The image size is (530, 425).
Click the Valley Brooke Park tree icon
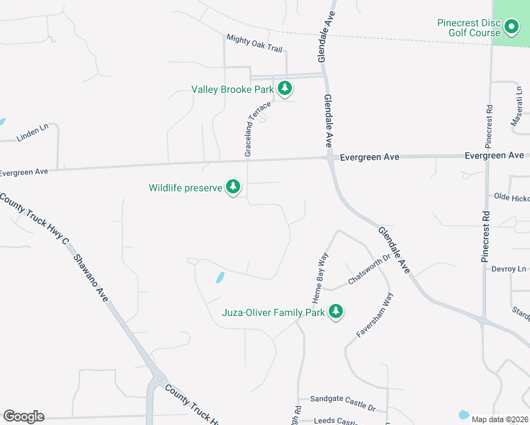pos(285,89)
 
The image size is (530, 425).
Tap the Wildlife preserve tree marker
pos(233,188)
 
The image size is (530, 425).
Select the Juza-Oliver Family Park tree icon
pos(335,312)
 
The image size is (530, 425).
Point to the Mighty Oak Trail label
pos(254,43)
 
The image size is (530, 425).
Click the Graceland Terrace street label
pos(257,128)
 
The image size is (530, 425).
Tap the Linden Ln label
pos(33,132)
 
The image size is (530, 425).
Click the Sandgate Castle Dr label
pos(337,403)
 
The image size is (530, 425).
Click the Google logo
pos(23,416)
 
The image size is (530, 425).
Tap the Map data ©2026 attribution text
pos(500,419)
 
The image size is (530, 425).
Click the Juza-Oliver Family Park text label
pos(273,312)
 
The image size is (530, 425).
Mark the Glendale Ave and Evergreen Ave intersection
pos(330,158)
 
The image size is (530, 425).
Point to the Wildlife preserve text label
pos(186,188)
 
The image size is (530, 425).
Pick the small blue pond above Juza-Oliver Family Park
pos(220,277)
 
